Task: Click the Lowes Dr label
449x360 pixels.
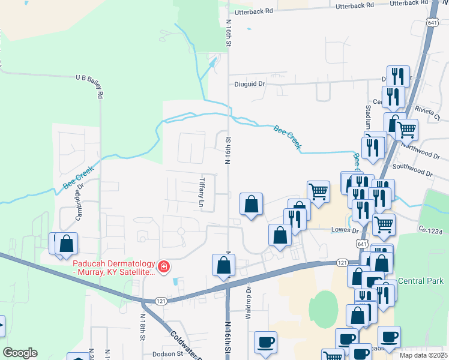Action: pos(345,230)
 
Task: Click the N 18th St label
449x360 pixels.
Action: pos(143,326)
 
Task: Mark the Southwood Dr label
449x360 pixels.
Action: pos(412,169)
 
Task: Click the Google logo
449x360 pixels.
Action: pos(20,353)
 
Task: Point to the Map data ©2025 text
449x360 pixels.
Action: pos(424,355)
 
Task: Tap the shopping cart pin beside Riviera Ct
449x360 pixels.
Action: pos(407,128)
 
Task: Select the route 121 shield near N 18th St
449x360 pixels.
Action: pos(159,301)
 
